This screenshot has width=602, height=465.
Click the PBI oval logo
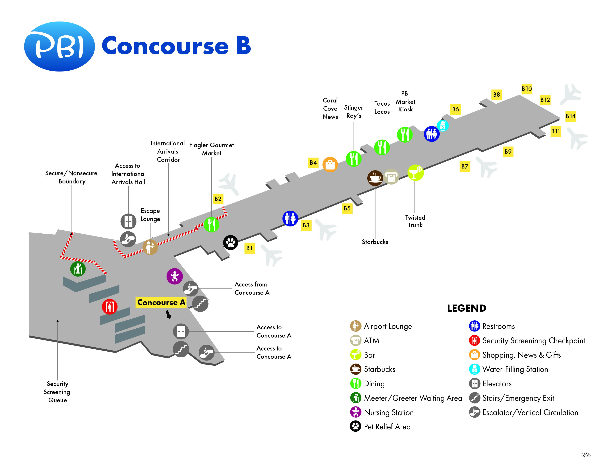click(59, 46)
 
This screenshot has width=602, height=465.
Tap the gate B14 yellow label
click(570, 116)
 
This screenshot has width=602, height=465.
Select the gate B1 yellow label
click(249, 248)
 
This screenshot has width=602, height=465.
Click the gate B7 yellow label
click(465, 166)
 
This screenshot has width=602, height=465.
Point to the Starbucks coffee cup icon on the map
click(375, 178)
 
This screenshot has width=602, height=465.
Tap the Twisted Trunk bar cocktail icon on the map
click(415, 173)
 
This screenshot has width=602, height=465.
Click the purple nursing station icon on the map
click(174, 276)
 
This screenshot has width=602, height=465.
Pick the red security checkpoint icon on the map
click(110, 306)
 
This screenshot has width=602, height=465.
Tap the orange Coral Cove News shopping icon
click(330, 164)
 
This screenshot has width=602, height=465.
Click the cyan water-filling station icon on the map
click(443, 126)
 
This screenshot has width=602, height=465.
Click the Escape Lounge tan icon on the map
click(150, 247)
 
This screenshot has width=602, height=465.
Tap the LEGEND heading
click(466, 308)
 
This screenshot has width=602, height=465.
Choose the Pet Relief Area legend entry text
click(387, 427)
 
